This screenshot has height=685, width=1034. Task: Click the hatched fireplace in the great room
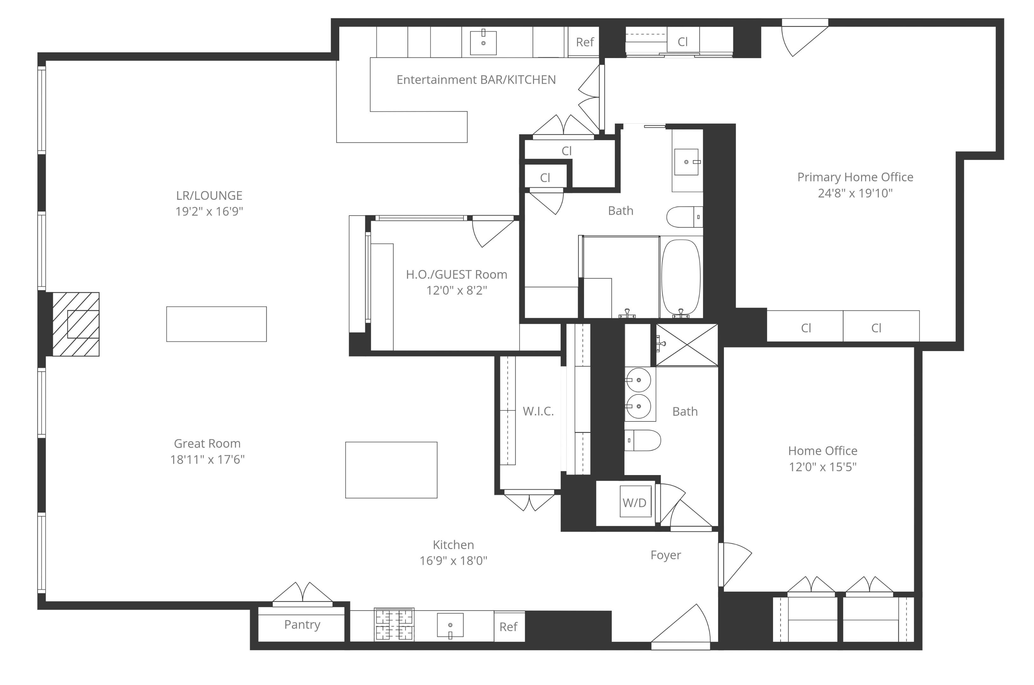(76, 324)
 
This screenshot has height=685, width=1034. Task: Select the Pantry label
(302, 625)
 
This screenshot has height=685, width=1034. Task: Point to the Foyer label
(666, 555)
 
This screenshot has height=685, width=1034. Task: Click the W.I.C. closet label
(538, 411)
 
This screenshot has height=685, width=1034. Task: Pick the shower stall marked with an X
(687, 345)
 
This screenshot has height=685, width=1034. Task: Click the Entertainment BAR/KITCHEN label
(476, 80)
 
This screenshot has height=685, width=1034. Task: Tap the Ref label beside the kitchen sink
(509, 627)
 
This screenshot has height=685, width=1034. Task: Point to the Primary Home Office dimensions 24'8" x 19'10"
(855, 193)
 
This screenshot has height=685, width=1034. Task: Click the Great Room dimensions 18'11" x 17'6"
(207, 460)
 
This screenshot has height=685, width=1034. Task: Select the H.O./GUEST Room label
(457, 274)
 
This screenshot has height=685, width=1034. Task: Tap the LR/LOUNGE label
(209, 195)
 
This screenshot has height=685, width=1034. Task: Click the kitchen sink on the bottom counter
(450, 626)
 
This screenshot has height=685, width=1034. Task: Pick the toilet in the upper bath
(685, 217)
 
